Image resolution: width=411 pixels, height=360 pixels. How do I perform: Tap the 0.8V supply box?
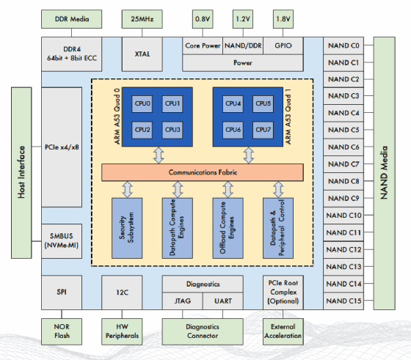[x=201, y=16]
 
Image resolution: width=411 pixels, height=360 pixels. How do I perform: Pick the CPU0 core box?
[x=142, y=104]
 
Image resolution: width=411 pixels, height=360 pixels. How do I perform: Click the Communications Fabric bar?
[x=202, y=172]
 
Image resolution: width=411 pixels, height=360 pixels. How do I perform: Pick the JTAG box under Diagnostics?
[x=181, y=301]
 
